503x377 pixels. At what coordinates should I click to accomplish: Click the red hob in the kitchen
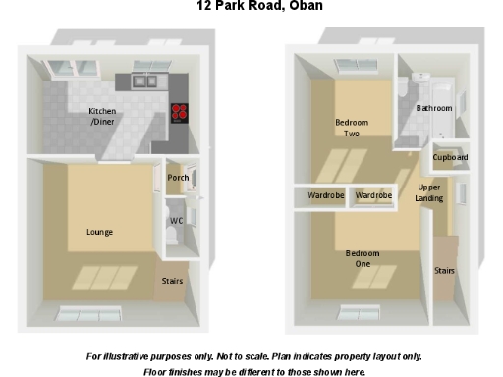180,111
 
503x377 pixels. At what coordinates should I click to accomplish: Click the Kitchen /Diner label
102,116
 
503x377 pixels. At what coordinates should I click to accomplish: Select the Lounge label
99,232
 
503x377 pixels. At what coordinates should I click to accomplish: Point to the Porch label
178,178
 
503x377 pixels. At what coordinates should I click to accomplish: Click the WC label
177,221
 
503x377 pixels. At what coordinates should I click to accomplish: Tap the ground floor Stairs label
172,282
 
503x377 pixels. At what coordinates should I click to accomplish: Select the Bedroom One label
363,258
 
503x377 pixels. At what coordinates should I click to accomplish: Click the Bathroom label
433,108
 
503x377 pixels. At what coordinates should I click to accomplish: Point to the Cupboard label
450,157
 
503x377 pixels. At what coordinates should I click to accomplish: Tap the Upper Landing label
429,192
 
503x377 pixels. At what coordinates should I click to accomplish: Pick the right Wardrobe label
373,196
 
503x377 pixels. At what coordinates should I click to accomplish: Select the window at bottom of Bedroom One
359,313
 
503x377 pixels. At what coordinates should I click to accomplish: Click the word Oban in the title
303,6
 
